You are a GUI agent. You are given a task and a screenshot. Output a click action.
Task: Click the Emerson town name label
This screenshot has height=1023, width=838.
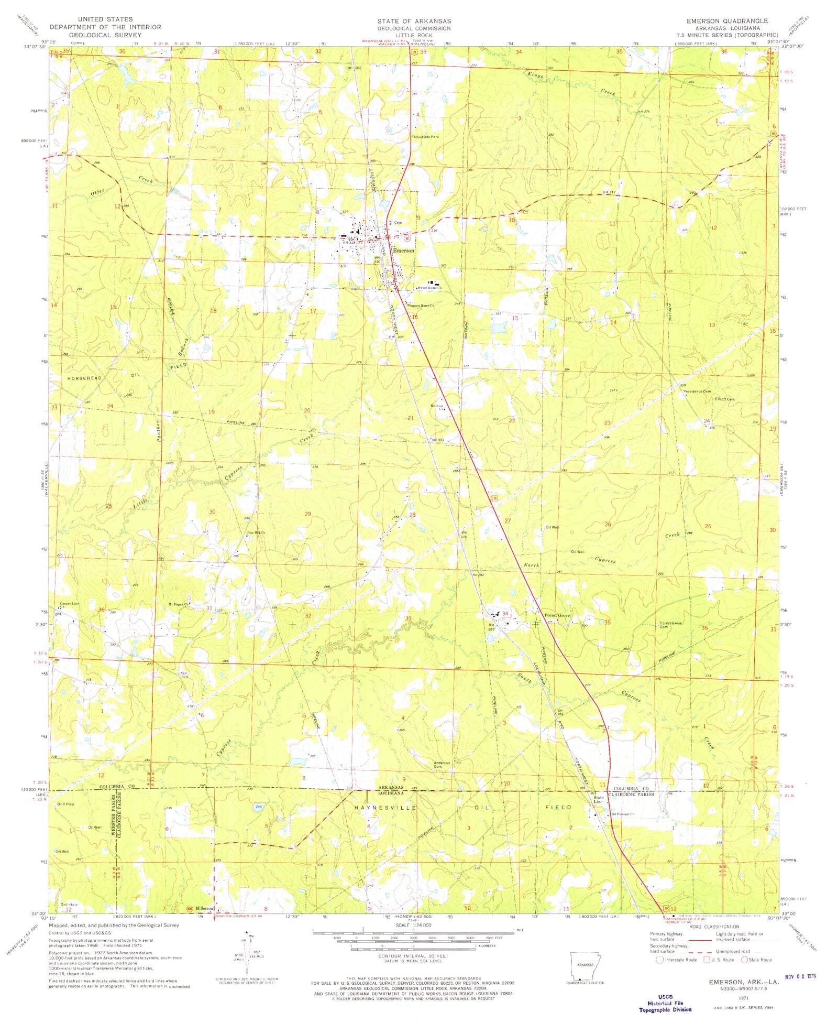click(404, 251)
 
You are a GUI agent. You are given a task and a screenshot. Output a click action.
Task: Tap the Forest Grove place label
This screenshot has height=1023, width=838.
click(557, 615)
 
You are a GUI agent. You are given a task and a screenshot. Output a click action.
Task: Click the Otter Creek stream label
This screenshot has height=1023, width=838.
click(98, 191)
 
